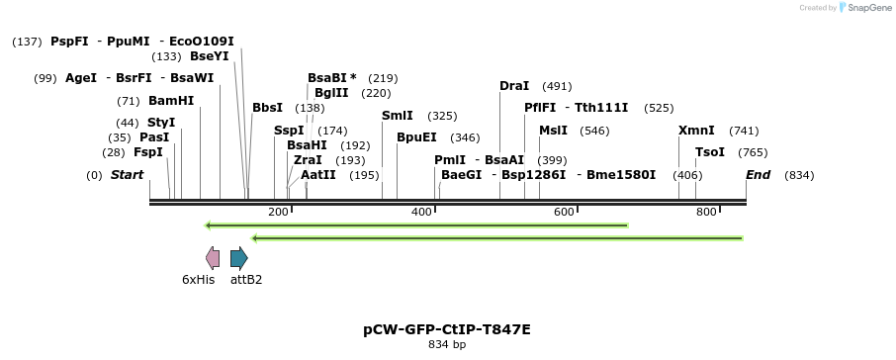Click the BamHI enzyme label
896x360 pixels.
(x=171, y=101)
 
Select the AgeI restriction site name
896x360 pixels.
(x=81, y=78)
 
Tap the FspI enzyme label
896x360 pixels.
(x=148, y=152)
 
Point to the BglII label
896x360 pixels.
(x=331, y=93)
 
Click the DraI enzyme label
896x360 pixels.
(x=514, y=86)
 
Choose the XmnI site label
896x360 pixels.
(x=696, y=131)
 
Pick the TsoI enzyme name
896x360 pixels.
(x=710, y=152)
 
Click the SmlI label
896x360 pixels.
(x=398, y=116)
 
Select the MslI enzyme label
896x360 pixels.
(x=553, y=131)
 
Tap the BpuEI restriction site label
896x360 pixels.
(x=416, y=137)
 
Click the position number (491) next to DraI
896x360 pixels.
(x=557, y=86)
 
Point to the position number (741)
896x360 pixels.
(x=744, y=131)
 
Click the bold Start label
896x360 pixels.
(x=127, y=175)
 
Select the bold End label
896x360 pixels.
(x=759, y=175)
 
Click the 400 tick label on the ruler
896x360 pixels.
(x=422, y=213)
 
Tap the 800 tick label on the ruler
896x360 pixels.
(x=706, y=213)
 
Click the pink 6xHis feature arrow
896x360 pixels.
(x=213, y=258)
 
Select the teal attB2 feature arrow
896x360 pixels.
(x=238, y=258)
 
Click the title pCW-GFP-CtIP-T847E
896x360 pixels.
(x=447, y=329)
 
